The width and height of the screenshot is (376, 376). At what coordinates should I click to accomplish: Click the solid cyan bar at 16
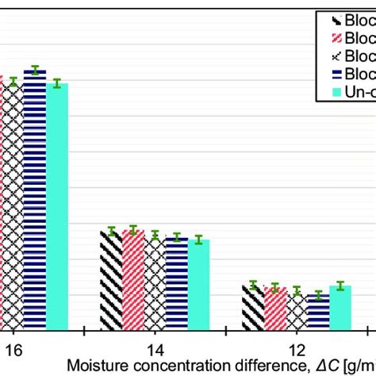coord(57,206)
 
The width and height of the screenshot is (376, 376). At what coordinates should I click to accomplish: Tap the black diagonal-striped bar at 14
coord(111,281)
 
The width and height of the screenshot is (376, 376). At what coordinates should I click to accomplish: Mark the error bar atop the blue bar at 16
coord(35,70)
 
